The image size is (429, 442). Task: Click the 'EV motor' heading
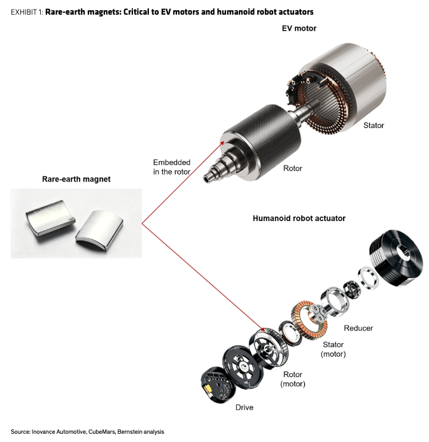click(x=299, y=28)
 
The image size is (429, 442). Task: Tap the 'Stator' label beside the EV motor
click(x=374, y=125)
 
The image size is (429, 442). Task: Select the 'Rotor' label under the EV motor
click(x=293, y=168)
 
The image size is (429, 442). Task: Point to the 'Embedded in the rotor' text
click(x=172, y=167)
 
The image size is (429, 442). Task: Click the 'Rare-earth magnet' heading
click(x=76, y=179)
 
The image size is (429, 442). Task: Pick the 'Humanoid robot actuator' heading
click(x=299, y=218)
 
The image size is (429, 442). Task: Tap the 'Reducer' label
click(x=358, y=328)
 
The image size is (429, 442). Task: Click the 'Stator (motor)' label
click(x=333, y=349)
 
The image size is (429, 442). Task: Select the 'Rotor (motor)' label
click(x=293, y=379)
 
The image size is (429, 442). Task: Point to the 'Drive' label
click(x=244, y=408)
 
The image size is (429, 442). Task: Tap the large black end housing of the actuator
click(x=396, y=258)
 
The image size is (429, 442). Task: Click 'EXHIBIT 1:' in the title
click(x=27, y=12)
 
